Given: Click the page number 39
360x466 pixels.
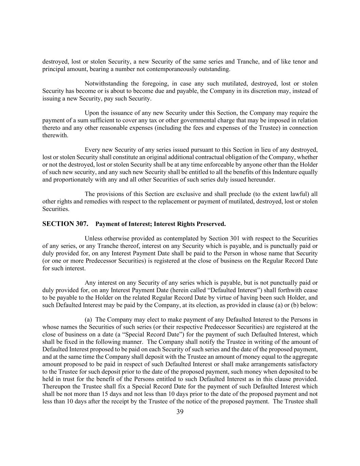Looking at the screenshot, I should [x=180, y=412].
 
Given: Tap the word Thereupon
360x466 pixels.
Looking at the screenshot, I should [x=56, y=387].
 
